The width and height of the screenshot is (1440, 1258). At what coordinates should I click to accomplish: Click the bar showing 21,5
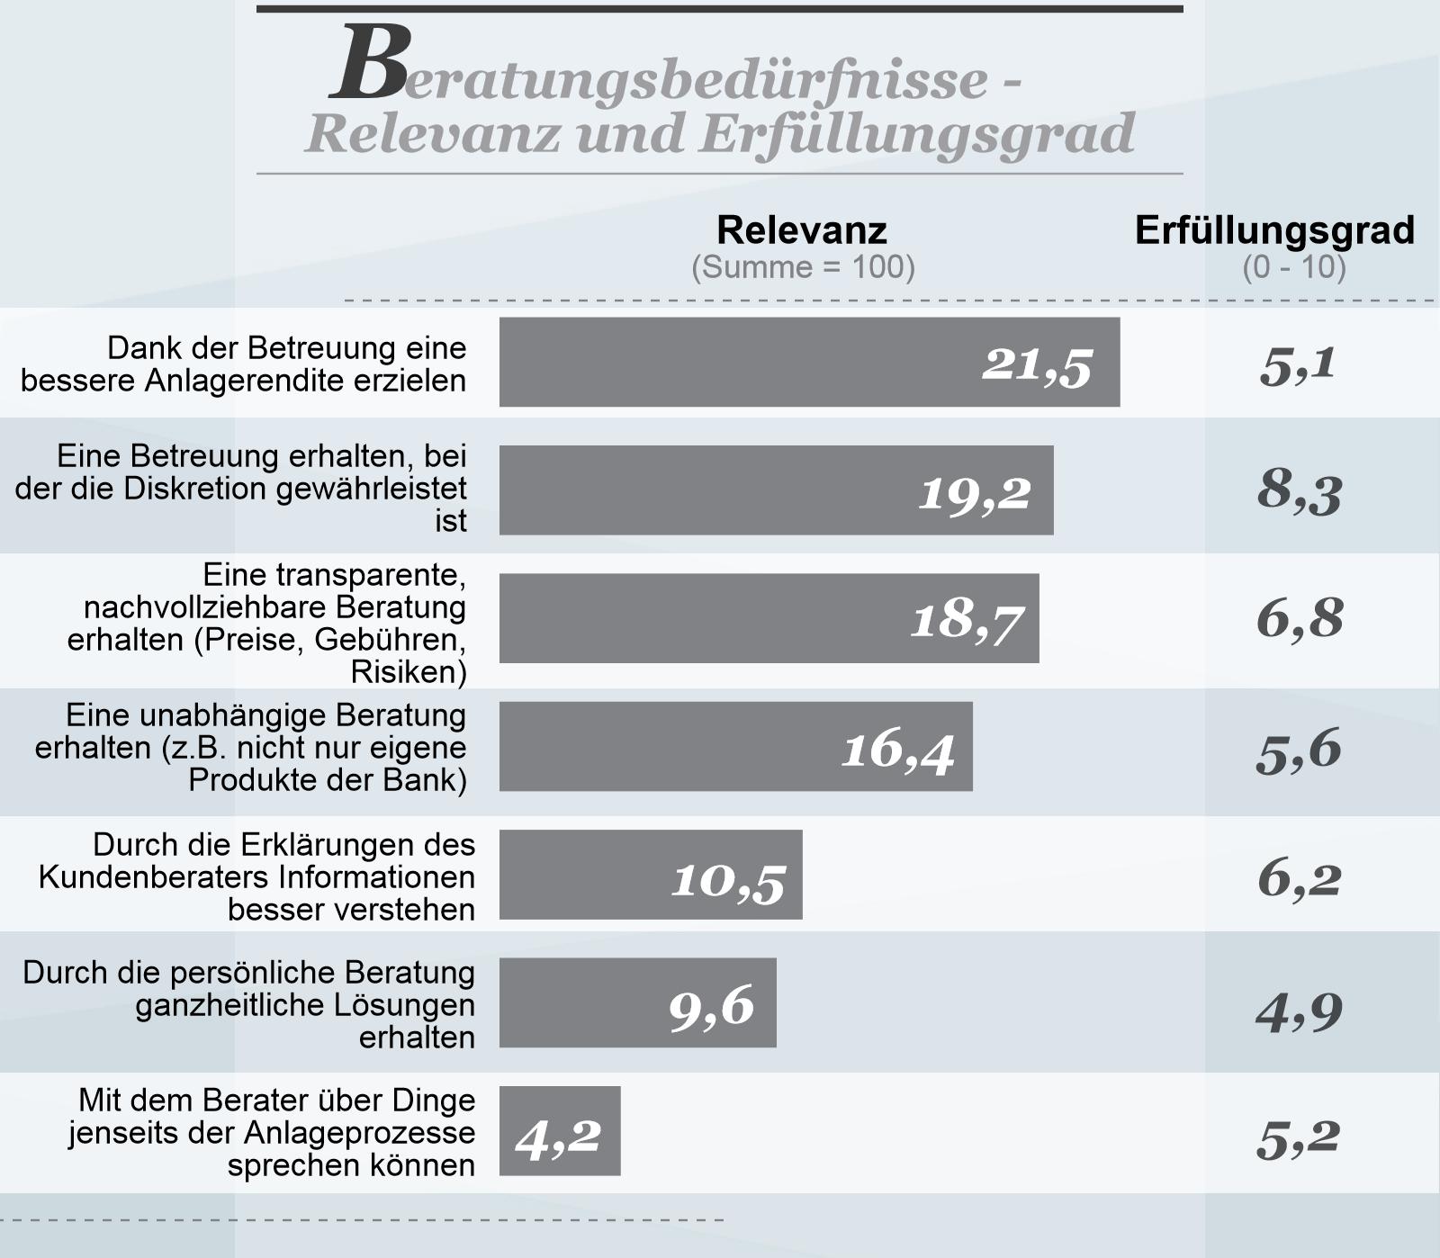point(809,362)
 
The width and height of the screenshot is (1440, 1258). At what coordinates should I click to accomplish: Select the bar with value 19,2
point(776,490)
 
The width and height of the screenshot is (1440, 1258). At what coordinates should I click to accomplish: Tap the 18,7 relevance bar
point(769,618)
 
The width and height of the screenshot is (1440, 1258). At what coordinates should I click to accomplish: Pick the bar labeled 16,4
point(735,747)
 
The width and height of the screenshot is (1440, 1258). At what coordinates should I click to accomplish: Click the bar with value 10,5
point(650,875)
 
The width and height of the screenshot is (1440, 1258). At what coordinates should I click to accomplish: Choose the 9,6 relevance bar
point(637,1002)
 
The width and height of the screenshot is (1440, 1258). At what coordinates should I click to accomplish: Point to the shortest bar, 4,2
point(560,1131)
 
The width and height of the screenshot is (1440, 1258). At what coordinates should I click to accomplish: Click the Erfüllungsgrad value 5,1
point(1298,364)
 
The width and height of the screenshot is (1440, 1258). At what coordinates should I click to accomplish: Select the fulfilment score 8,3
point(1300,492)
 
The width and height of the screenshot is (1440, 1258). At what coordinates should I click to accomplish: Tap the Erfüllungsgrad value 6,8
point(1300,619)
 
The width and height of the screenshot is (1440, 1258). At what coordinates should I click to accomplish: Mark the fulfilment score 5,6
point(1299,750)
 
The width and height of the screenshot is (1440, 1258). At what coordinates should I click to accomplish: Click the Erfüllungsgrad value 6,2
point(1299,878)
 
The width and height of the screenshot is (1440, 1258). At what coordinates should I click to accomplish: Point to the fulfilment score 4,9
point(1299,1011)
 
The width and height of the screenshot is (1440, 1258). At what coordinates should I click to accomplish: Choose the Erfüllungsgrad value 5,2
point(1298,1139)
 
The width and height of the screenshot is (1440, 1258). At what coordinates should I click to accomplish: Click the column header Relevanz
point(802,230)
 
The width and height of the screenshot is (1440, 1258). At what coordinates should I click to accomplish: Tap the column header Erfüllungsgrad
point(1274,230)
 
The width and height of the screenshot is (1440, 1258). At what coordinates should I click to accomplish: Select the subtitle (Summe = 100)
point(803,267)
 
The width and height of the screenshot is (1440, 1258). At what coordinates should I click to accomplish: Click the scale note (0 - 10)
point(1294,267)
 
